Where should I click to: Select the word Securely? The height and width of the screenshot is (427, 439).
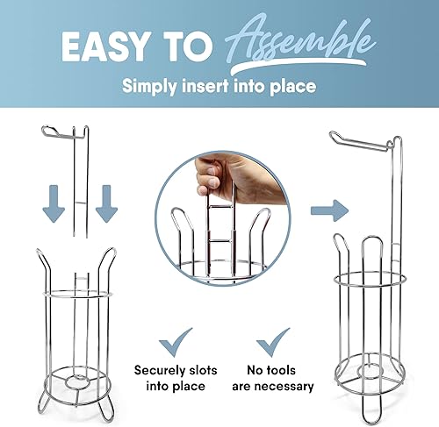pos(157,369)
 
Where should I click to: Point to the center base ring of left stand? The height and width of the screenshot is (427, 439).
pos(74,382)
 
